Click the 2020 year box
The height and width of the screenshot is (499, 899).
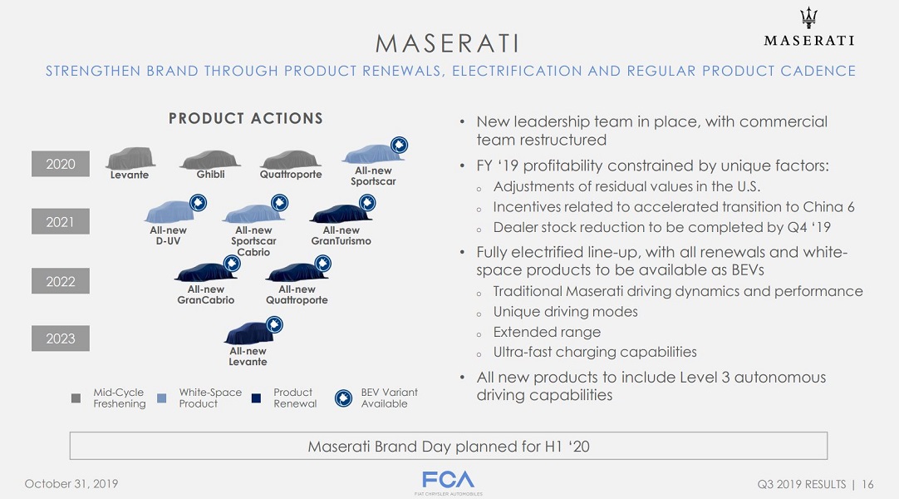click(x=60, y=164)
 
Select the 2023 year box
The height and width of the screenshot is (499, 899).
click(x=60, y=338)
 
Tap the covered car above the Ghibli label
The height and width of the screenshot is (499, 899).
click(x=210, y=160)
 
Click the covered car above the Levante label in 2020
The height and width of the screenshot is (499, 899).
click(x=130, y=158)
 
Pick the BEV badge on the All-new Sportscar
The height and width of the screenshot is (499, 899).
click(x=399, y=145)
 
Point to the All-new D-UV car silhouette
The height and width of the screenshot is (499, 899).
click(x=169, y=211)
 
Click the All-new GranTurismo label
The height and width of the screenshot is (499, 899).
click(x=341, y=235)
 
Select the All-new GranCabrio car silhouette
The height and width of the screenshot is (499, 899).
click(x=205, y=272)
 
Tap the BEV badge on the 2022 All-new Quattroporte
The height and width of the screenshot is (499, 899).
click(x=322, y=264)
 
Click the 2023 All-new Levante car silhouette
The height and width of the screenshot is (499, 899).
click(x=248, y=333)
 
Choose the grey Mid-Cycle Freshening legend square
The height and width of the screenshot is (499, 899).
click(x=76, y=398)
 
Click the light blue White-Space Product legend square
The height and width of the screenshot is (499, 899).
click(x=162, y=398)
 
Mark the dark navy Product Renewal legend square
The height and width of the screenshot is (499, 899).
click(x=256, y=398)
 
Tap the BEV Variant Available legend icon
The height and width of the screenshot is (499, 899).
click(x=343, y=398)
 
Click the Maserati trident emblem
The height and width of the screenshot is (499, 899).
click(x=809, y=17)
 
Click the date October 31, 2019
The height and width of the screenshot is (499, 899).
click(x=71, y=483)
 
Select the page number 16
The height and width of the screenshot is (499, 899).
click(x=867, y=484)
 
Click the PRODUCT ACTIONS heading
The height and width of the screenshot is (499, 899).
click(x=246, y=118)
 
